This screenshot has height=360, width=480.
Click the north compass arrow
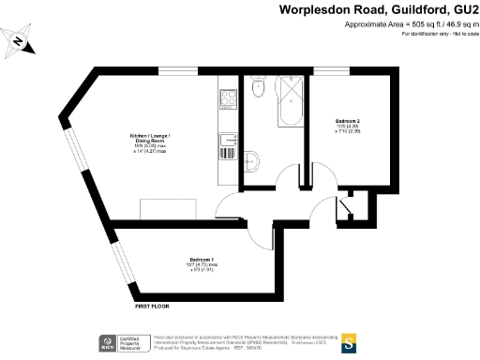point(18,42)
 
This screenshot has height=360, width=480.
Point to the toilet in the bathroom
point(258,89)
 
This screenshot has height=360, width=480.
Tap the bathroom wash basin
point(251,158)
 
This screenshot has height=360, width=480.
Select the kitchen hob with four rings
point(227,97)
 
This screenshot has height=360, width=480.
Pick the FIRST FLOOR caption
point(152,306)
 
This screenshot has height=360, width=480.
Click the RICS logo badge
point(106,344)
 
